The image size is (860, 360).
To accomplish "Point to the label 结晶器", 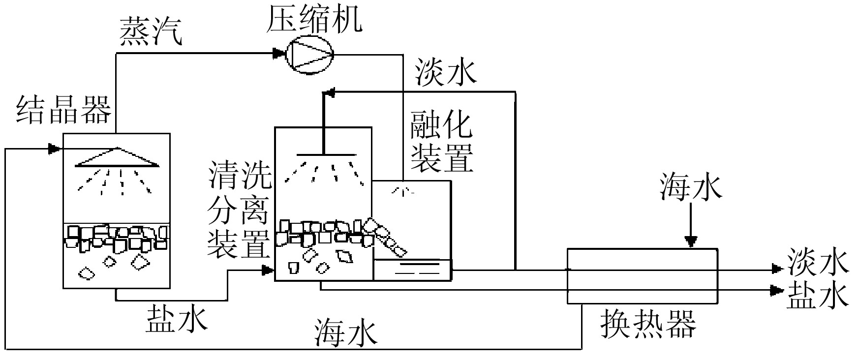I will pyautogui.click(x=64, y=109).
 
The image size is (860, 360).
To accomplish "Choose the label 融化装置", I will pyautogui.click(x=442, y=142).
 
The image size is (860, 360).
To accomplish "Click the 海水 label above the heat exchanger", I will pyautogui.click(x=691, y=188).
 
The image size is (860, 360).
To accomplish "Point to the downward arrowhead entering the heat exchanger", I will pyautogui.click(x=691, y=241).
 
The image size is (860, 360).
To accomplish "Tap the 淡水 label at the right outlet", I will pyautogui.click(x=818, y=262).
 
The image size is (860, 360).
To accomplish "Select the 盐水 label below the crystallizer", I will pyautogui.click(x=177, y=319).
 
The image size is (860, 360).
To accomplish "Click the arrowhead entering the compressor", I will pyautogui.click(x=280, y=53).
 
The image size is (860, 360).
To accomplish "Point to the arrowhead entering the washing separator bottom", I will pyautogui.click(x=267, y=270).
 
